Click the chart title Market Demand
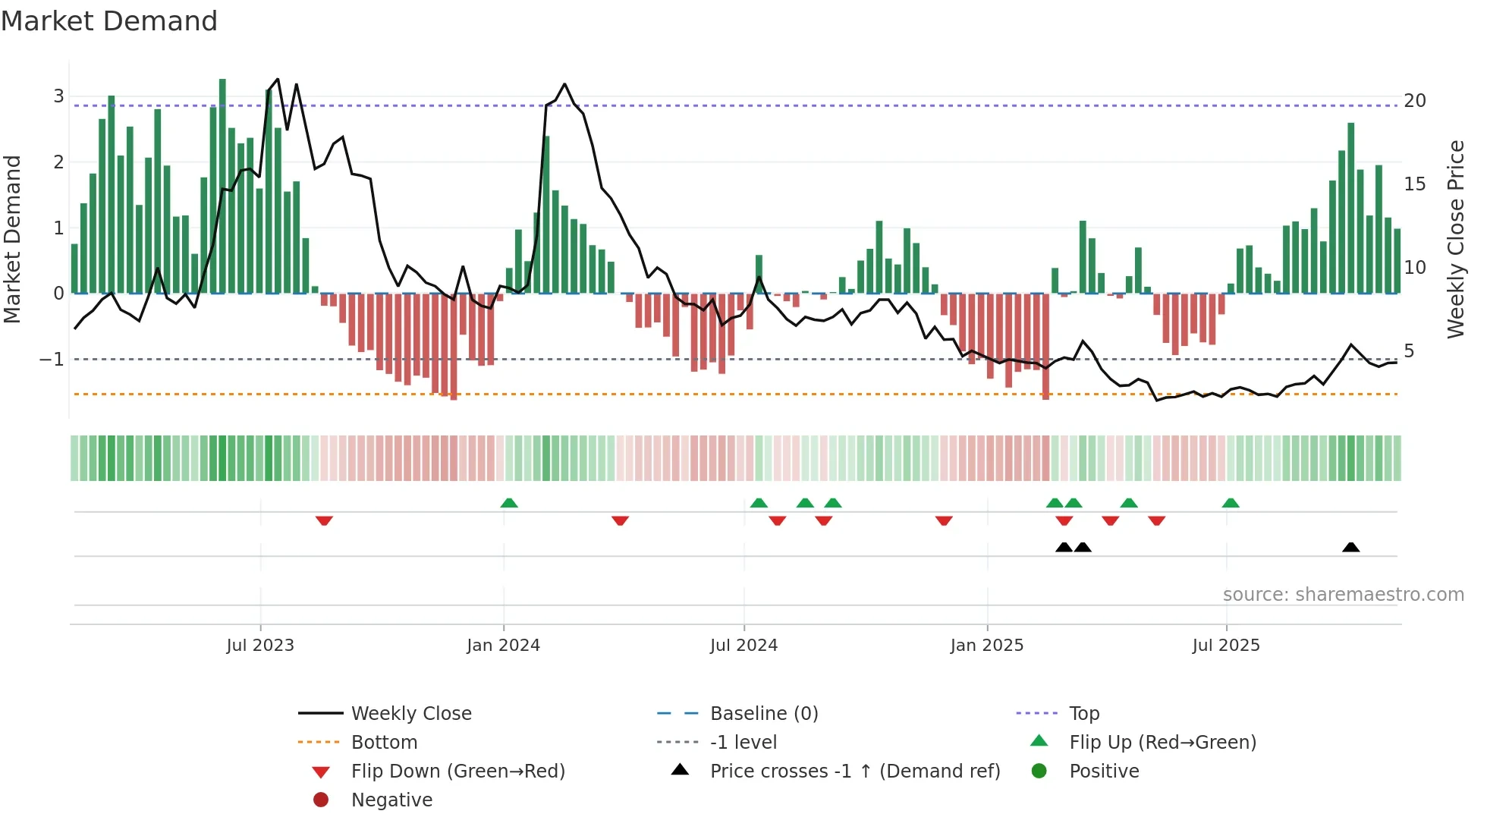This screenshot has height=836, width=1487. tap(109, 21)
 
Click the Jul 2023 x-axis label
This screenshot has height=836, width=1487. tap(260, 646)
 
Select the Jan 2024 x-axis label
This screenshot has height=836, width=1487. tap(503, 646)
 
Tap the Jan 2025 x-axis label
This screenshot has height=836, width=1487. tap(986, 646)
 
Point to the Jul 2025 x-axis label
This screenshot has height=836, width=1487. tap(1225, 646)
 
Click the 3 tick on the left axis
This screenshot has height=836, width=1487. tap(58, 96)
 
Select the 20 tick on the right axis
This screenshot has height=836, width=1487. tap(1414, 101)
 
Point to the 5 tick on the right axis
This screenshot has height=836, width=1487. tap(1409, 351)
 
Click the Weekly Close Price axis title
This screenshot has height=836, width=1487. tap(1455, 239)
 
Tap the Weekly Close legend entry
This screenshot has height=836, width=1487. tap(410, 714)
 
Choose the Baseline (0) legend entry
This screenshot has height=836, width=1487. tap(763, 714)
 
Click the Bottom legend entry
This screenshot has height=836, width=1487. tap(384, 743)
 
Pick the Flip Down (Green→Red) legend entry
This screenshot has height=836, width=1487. tap(457, 772)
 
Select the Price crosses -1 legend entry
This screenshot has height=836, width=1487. tap(854, 772)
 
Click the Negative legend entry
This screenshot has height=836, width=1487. tap(391, 800)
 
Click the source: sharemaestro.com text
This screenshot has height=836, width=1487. tap(1343, 595)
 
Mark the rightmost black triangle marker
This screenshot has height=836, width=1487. tap(1350, 547)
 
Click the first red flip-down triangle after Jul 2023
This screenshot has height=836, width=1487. tap(324, 520)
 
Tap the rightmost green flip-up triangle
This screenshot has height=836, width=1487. tap(1231, 503)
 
